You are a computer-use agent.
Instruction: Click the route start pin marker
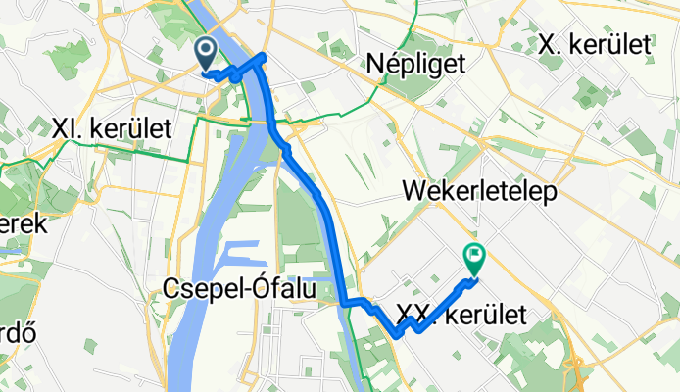[208, 53]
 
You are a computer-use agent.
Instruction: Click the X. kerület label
[596, 43]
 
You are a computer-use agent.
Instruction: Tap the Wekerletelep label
[479, 192]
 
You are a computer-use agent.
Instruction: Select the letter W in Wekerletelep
[412, 192]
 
